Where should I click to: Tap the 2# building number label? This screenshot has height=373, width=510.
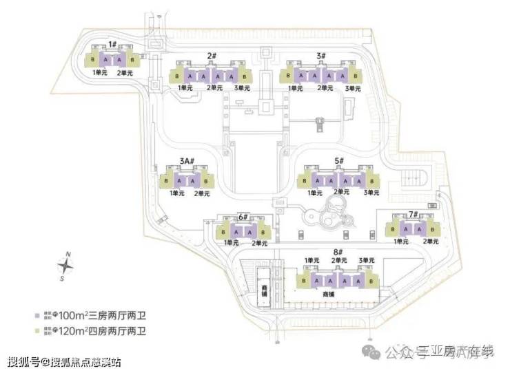click(x=212, y=55)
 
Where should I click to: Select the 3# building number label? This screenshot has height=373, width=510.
click(x=321, y=56)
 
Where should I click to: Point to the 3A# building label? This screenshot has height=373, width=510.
click(x=187, y=162)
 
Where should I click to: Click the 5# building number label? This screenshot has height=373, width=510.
click(x=339, y=161)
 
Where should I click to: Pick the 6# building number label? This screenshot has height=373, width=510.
click(x=243, y=217)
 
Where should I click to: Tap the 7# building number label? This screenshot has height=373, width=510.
click(x=414, y=215)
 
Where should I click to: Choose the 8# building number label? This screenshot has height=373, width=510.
click(x=338, y=253)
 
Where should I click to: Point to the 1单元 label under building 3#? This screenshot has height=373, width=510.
click(x=296, y=88)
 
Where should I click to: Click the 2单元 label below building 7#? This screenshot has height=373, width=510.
click(x=431, y=242)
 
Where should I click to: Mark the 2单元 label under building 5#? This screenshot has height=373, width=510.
click(x=343, y=192)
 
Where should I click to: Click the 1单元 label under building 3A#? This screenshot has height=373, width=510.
click(x=177, y=193)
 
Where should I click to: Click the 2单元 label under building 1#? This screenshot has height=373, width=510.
click(x=124, y=72)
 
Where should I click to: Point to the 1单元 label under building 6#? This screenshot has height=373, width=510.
click(x=231, y=243)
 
